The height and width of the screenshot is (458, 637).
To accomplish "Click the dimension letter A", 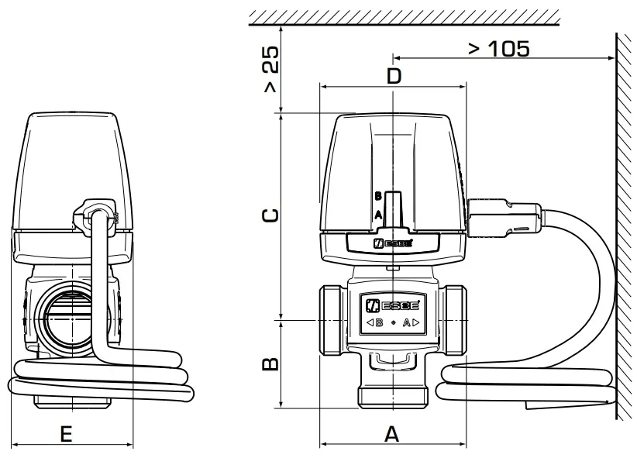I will [392, 435].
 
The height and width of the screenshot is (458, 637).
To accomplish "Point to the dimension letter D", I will [394, 76].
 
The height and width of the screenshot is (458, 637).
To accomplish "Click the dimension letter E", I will [67, 435].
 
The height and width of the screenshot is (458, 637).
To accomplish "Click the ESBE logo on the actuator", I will [393, 243].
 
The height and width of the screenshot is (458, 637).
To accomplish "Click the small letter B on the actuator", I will [377, 196].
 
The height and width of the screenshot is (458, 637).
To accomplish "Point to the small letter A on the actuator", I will [377, 214].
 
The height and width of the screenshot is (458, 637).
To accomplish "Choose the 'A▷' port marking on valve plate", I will [411, 322].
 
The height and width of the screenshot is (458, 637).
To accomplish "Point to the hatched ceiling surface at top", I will [403, 15].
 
